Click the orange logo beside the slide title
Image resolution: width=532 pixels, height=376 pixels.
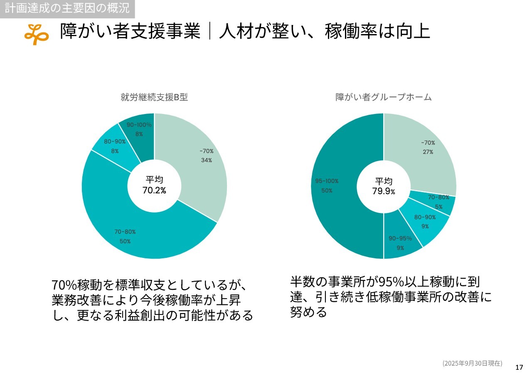36,34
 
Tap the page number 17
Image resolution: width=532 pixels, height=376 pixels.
519,367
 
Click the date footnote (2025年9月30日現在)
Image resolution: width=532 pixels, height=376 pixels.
472,363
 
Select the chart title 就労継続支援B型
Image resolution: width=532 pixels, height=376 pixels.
154,97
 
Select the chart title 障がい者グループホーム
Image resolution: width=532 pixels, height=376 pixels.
383,97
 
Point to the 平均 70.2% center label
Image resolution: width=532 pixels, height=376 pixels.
154,186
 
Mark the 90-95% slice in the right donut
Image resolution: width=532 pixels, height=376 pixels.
400,241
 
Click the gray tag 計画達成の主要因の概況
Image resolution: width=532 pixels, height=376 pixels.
67,8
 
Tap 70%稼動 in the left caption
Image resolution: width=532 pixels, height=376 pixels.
77,286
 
